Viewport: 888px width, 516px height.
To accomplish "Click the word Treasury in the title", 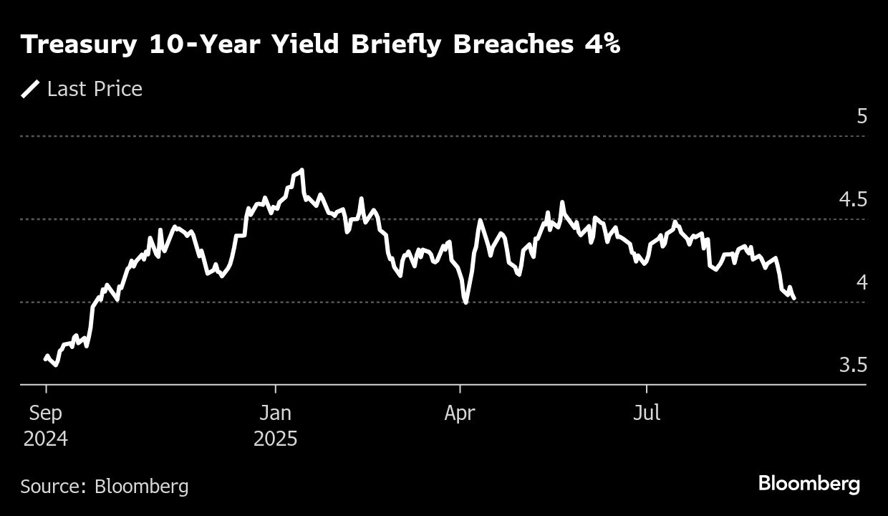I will [x=79, y=45].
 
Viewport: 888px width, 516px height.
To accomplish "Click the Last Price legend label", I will [x=95, y=89].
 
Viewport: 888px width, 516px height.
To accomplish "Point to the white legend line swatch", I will [x=30, y=89].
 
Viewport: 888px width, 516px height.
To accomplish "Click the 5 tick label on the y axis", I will [x=862, y=116].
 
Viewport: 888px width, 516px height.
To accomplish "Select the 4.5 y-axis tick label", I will [x=852, y=199].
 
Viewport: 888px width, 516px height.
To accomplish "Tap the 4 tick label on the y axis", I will [x=862, y=282].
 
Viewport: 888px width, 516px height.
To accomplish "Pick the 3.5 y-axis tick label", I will [x=852, y=365].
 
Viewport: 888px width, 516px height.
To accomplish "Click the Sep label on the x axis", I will [x=46, y=414].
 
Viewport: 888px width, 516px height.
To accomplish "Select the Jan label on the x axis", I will [x=275, y=414].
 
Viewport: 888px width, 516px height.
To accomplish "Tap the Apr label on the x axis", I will [x=460, y=414].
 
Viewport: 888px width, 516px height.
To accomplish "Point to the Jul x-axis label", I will [x=647, y=414].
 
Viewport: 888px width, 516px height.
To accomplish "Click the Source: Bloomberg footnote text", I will [x=105, y=487].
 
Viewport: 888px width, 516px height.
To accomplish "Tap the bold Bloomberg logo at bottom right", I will [x=809, y=484].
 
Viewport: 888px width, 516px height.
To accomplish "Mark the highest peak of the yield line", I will [x=301, y=171].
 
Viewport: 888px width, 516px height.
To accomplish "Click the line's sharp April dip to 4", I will [x=466, y=302].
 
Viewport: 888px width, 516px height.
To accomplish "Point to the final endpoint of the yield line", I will [x=794, y=299].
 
